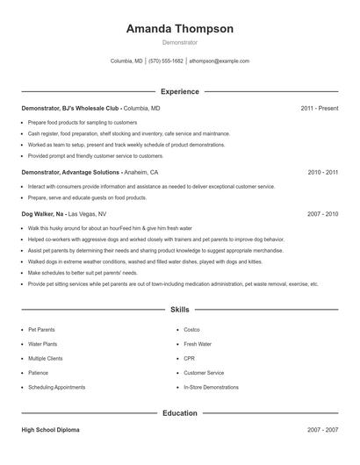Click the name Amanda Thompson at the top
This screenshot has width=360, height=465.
[x=179, y=29]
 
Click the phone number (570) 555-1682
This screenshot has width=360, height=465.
[x=165, y=61]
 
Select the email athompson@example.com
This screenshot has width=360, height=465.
[x=219, y=61]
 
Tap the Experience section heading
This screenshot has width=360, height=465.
[x=180, y=91]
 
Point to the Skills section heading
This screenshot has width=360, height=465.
[x=180, y=310]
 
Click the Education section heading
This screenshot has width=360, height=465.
[x=180, y=413]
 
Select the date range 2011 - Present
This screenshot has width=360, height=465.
[x=319, y=108]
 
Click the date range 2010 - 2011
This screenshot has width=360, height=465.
[x=322, y=173]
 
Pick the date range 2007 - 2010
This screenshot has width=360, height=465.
[x=322, y=213]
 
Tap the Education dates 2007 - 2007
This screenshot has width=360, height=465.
[x=322, y=430]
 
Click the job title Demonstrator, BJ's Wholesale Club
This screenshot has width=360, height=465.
[x=71, y=108]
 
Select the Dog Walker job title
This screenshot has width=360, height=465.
[x=42, y=213]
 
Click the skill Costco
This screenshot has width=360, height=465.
[x=192, y=330]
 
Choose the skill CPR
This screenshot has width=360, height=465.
[x=189, y=358]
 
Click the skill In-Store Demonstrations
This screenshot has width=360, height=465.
[x=211, y=387]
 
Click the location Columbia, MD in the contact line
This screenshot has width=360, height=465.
[x=126, y=61]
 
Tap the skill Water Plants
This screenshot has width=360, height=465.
[x=42, y=344]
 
